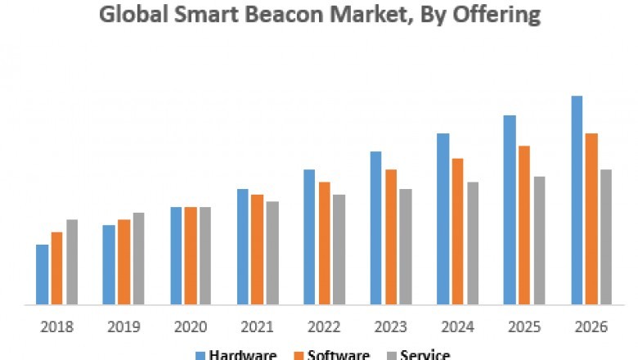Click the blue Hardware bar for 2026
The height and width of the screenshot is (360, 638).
[x=577, y=200]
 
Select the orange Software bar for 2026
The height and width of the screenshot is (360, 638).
[x=591, y=218]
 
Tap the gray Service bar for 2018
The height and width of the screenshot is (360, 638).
[x=72, y=262]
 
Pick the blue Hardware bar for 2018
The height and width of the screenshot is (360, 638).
[x=42, y=275]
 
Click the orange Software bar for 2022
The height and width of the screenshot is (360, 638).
[x=324, y=243]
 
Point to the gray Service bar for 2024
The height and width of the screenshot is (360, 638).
[x=473, y=243]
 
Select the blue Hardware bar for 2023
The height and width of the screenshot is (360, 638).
[x=375, y=228]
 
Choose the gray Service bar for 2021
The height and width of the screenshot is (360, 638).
[x=272, y=253]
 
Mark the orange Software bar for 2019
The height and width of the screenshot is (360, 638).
[x=124, y=262]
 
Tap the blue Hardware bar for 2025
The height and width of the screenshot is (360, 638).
[x=510, y=209]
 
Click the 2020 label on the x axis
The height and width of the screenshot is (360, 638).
[x=190, y=326]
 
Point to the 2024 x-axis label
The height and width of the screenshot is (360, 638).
[x=457, y=326]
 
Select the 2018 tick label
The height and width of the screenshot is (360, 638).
[x=56, y=326]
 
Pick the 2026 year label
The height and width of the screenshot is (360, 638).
[x=591, y=326]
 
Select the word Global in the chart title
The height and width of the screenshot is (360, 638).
[x=129, y=14]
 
